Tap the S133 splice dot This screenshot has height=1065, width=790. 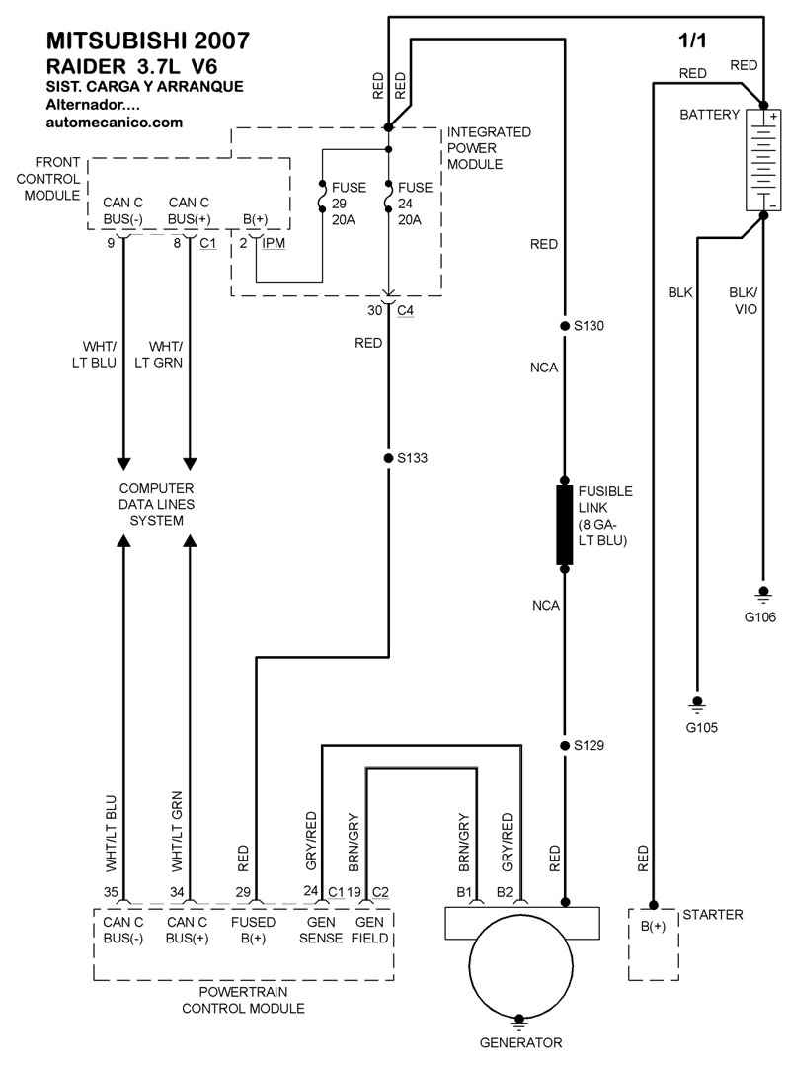[388, 458]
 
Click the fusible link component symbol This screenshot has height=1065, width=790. [565, 525]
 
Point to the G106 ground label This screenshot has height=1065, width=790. [761, 617]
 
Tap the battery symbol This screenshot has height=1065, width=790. [761, 159]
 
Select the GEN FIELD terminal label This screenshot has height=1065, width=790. [371, 930]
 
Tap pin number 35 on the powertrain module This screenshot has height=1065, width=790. [111, 892]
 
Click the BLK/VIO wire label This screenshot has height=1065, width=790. [744, 300]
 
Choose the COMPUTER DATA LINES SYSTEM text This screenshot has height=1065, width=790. [156, 505]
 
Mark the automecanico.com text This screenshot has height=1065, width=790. [115, 123]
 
